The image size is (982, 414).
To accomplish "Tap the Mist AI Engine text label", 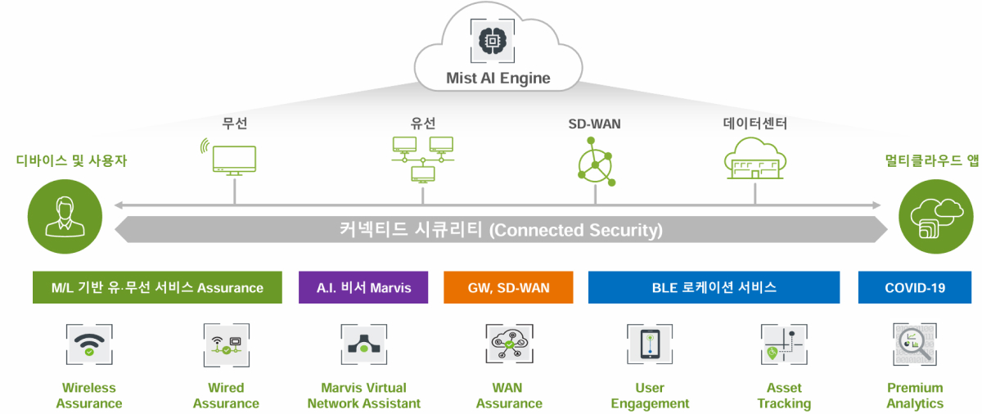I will (498, 79).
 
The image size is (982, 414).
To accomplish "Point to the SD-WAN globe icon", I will (595, 160).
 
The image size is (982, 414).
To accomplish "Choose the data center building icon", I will (755, 159).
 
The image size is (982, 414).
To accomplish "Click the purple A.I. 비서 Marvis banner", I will (363, 288).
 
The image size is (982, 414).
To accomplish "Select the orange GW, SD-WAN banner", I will (509, 288).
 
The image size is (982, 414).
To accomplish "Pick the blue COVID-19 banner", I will (915, 288).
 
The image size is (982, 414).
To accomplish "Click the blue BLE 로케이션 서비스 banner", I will (714, 288).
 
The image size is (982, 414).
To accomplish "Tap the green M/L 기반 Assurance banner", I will (157, 288).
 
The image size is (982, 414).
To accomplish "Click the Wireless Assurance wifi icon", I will (89, 344).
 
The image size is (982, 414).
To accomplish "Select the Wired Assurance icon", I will (226, 344).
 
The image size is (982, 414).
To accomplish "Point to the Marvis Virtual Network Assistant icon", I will (364, 344).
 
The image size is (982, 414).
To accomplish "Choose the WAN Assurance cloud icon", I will (509, 344).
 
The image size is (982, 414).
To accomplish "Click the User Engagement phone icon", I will (650, 344).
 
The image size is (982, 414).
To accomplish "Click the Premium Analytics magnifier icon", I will (915, 344).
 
